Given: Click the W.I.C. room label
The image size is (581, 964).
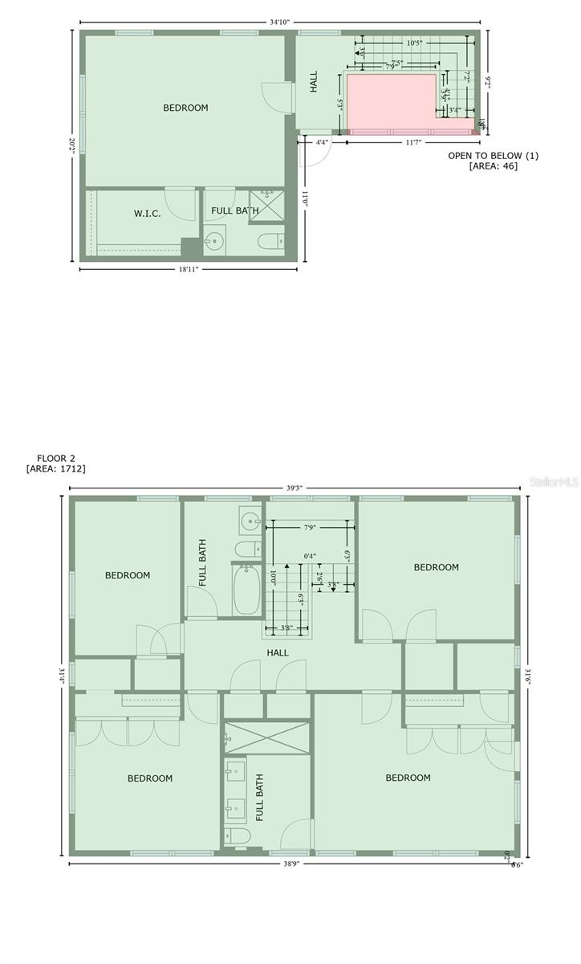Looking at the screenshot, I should pyautogui.click(x=147, y=214).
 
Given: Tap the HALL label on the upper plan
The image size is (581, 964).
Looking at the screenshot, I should pyautogui.click(x=314, y=81).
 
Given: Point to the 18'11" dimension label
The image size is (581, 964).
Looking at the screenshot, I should pyautogui.click(x=189, y=270).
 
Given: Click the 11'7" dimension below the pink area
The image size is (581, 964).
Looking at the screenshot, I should pyautogui.click(x=413, y=142).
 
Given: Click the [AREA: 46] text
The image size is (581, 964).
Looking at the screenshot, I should pyautogui.click(x=493, y=166).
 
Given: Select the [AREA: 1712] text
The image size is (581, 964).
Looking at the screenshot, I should pyautogui.click(x=56, y=468).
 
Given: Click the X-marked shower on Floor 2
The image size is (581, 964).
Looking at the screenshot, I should pyautogui.click(x=266, y=738).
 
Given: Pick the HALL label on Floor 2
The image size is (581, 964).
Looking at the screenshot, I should pyautogui.click(x=278, y=653).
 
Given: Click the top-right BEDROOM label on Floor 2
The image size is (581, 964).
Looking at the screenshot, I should pyautogui.click(x=436, y=567).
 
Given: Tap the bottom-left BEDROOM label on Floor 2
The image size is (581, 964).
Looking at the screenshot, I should pyautogui.click(x=150, y=778).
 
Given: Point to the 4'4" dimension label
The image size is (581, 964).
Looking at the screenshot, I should pyautogui.click(x=322, y=142).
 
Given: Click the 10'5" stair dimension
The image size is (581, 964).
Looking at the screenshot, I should pyautogui.click(x=415, y=43).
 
